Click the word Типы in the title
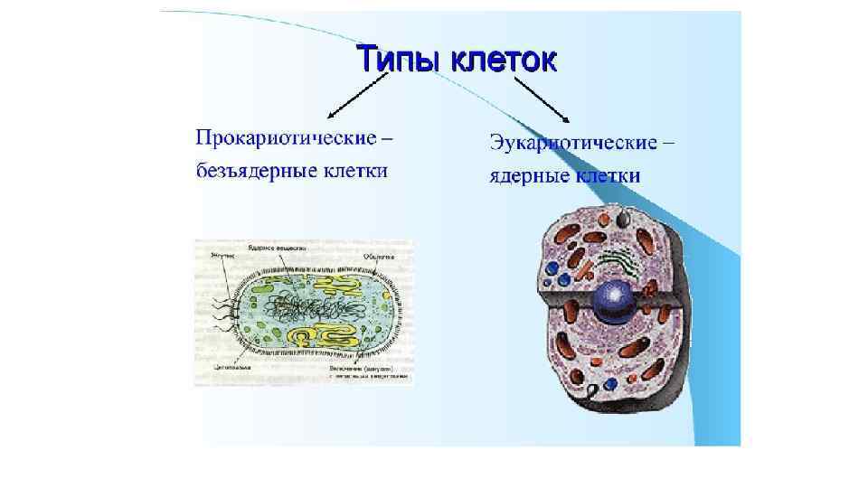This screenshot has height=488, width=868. point(395,60)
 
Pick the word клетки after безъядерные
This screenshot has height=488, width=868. point(352,171)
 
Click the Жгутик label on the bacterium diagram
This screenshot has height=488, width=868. point(221,257)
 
